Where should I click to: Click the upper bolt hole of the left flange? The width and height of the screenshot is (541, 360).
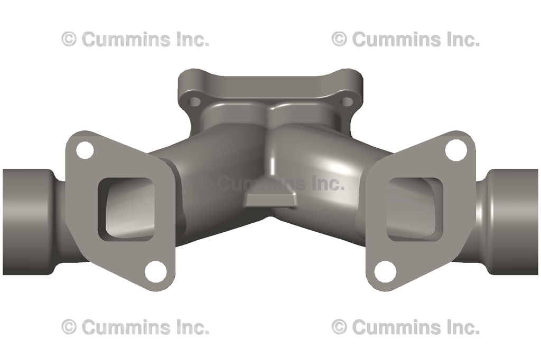point(85,150)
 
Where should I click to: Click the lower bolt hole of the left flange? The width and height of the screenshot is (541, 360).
point(155,271)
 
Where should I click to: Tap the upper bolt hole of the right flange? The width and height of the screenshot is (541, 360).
point(455,150)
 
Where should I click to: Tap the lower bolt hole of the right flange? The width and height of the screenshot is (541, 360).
point(385,271)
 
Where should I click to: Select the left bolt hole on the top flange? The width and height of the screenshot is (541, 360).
point(195,101)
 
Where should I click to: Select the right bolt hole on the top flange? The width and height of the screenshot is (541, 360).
point(346,101)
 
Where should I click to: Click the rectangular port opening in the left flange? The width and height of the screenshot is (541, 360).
point(127,206)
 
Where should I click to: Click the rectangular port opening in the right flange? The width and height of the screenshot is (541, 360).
point(414,206)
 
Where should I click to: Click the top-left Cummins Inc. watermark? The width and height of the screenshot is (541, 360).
point(135,39)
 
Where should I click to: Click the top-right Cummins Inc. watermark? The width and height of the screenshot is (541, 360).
point(405,39)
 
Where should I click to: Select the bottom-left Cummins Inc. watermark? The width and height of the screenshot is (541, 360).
point(135,327)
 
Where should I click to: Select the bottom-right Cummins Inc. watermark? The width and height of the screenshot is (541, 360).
point(405,327)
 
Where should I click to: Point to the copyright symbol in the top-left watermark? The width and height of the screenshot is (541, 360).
point(69,39)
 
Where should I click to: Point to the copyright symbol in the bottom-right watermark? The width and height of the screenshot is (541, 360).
point(339,327)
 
